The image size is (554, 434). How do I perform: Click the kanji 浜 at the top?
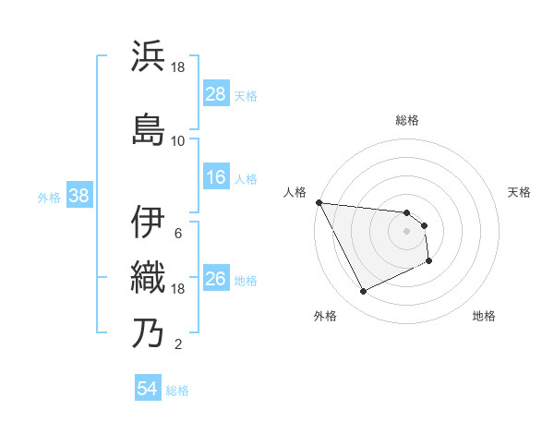point(149,57)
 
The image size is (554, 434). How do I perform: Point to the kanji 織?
point(149,276)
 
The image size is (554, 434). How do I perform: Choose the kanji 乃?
point(149,332)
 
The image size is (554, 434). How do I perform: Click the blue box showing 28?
point(216,94)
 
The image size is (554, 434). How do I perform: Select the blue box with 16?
point(216,178)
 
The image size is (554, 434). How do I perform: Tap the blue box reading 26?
point(216,280)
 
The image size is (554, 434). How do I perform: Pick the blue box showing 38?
point(78,196)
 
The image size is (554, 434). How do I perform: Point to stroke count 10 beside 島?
point(177,141)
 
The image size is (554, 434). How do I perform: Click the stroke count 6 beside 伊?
point(177,233)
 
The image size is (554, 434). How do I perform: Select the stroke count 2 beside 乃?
point(177,345)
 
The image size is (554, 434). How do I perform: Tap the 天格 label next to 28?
point(246,95)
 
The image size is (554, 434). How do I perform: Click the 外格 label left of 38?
point(49,197)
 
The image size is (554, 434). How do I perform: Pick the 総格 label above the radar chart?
point(407,120)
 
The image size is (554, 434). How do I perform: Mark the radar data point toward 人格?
point(319,202)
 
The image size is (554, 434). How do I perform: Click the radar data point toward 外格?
point(363,292)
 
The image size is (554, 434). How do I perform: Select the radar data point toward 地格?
point(429,261)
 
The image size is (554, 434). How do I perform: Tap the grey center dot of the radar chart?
point(407,231)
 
